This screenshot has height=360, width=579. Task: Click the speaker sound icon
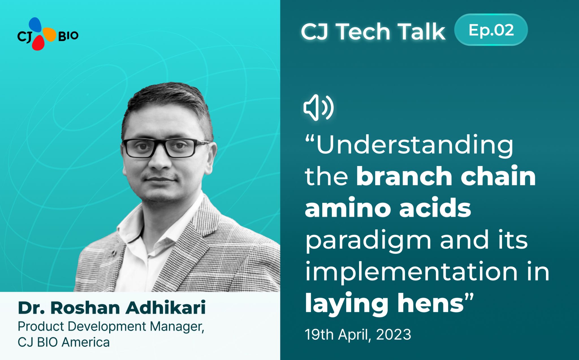coord(318,108)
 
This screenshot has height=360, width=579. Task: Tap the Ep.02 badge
coord(491,30)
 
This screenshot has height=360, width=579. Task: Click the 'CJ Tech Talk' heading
coord(373,31)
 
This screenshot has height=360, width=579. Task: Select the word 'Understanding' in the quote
coord(414,145)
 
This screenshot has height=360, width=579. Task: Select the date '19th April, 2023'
coord(358,335)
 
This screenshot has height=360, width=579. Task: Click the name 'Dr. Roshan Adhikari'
coord(112,308)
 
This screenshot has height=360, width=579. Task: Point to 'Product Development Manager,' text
coord(111,326)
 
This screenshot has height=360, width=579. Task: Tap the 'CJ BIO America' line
coord(64,342)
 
